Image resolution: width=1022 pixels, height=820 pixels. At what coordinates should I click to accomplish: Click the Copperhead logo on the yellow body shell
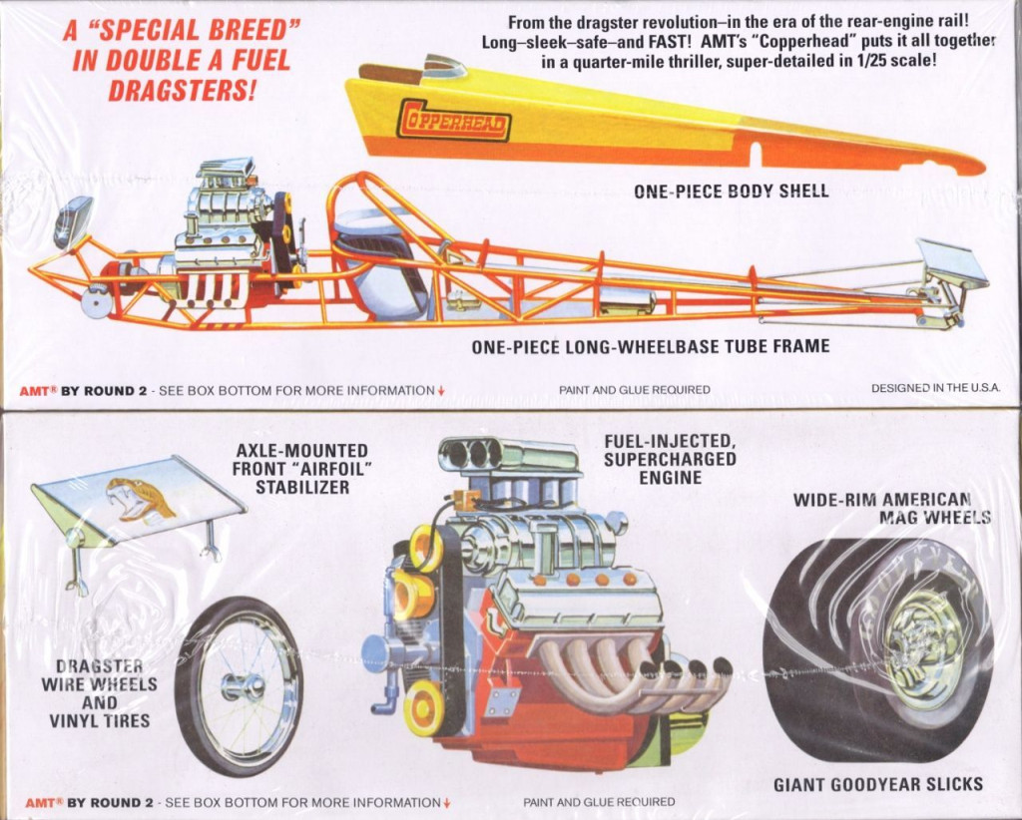[454, 120]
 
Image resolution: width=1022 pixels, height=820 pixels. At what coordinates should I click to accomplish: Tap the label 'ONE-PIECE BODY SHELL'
[732, 191]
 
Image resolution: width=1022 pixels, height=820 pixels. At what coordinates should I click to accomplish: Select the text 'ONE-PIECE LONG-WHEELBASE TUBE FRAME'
[651, 346]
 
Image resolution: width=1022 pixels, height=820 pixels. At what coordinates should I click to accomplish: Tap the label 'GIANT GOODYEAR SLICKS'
[878, 784]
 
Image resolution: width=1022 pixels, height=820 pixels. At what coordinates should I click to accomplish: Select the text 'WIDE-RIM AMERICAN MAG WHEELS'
[891, 508]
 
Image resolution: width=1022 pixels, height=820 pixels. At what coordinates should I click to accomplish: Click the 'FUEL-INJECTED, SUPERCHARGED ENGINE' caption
[670, 459]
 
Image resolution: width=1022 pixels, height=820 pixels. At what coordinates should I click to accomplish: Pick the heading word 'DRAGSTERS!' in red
[182, 90]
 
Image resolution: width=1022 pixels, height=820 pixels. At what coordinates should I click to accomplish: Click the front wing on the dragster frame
[952, 262]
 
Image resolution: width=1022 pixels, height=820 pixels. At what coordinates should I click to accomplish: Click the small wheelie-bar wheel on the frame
[97, 302]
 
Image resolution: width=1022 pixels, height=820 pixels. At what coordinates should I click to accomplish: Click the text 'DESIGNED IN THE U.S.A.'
[935, 387]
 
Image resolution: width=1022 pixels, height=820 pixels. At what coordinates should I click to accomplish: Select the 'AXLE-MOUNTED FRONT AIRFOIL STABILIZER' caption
[302, 468]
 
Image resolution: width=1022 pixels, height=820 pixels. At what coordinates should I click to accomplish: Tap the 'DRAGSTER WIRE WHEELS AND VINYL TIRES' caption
[99, 693]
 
